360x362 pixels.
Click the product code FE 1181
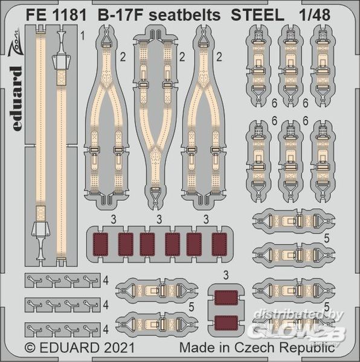tap(56, 15)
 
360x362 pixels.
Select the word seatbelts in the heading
tap(184, 15)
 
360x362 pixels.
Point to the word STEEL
tap(258, 15)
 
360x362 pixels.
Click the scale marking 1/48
tap(315, 15)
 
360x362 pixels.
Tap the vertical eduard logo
tap(17, 98)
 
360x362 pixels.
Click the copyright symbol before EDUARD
tap(30, 348)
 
